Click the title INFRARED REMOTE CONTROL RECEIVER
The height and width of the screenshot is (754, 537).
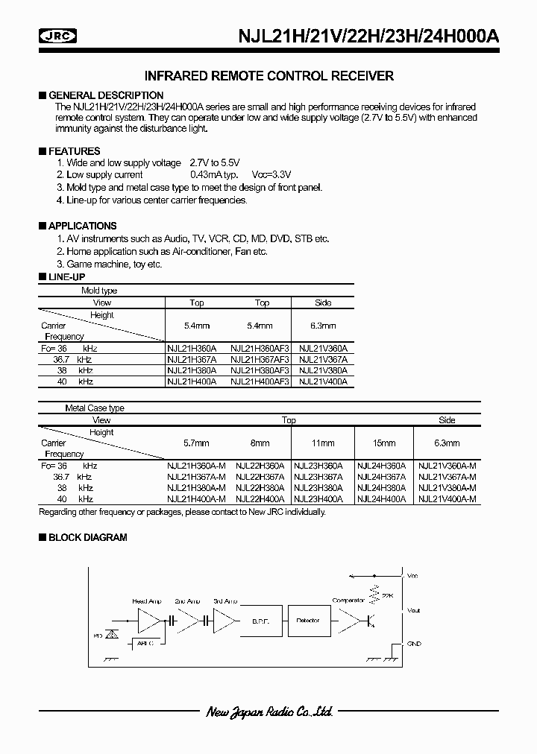pos(268,76)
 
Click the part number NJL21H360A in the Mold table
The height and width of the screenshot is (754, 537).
pos(192,348)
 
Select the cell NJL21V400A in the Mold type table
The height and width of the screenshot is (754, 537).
pos(322,381)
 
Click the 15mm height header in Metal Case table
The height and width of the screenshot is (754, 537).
pos(381,443)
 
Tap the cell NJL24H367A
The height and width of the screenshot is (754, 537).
pos(381,477)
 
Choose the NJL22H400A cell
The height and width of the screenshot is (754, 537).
pos(260,499)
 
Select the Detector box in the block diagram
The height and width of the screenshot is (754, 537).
pos(308,620)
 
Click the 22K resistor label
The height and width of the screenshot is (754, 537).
pos(386,596)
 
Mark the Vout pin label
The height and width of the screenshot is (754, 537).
pos(413,610)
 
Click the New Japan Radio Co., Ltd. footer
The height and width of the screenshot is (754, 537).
pos(268,713)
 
